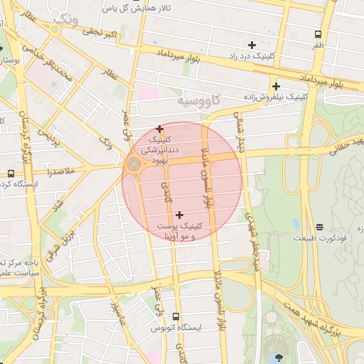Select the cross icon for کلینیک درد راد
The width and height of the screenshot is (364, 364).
[252, 45]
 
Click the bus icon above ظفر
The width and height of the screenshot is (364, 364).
[318, 33]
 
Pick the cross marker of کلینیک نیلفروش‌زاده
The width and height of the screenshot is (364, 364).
[275, 87]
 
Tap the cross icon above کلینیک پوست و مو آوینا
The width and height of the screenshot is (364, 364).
[178, 215]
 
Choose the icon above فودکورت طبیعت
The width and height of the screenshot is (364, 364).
[319, 227]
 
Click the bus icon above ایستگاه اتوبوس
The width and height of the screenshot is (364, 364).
[176, 316]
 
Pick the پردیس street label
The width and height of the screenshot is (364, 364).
[46, 136]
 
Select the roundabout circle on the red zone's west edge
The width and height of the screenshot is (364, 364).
[132, 166]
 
